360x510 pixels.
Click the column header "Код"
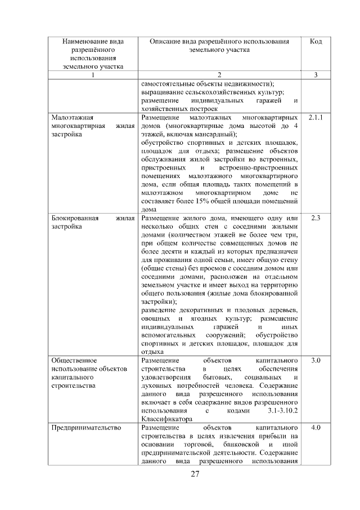coord(316,42)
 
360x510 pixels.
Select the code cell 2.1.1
coord(316,117)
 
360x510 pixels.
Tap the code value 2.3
coord(316,218)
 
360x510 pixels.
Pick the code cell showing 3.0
coord(316,360)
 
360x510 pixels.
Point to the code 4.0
coord(316,428)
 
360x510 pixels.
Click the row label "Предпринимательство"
coord(86,428)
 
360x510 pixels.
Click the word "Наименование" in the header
coord(93,42)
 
